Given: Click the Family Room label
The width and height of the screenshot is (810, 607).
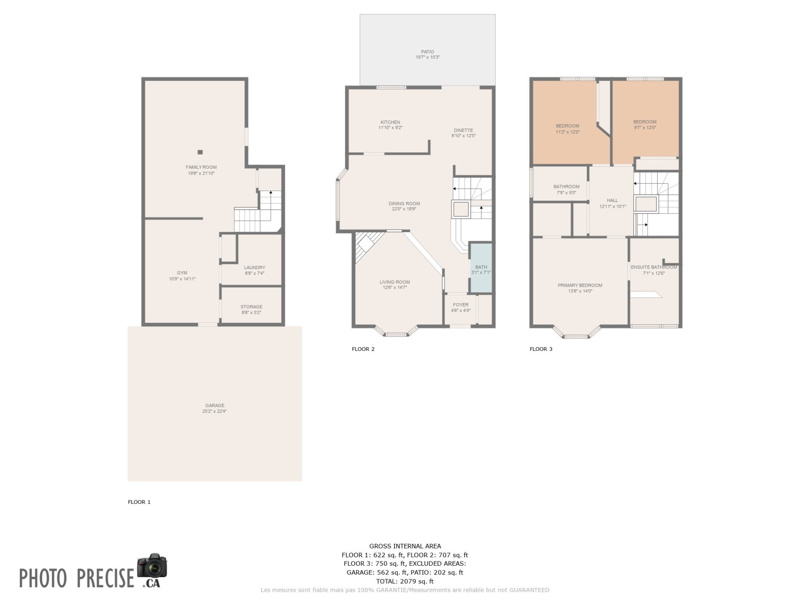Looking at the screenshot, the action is pos(201,167).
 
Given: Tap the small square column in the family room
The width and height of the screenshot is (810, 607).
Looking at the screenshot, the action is pos(200,152).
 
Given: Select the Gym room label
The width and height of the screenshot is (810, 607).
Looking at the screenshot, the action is pos(182,273).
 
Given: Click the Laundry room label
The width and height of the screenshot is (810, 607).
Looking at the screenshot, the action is pos(254,267).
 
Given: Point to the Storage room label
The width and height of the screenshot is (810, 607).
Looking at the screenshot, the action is pos(251,307).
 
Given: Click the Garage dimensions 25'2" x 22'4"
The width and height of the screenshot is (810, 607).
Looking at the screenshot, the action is pos(214,411).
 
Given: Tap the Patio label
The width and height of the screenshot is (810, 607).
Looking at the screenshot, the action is pos(427,52).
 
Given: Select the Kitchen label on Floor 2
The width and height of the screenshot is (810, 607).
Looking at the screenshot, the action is pos(390,122).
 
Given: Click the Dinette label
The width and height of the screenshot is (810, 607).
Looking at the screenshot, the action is pos(464,130).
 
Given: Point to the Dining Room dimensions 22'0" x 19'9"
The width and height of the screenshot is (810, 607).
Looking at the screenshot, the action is pos(404,209).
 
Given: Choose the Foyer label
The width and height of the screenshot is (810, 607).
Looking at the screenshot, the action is pos(461,305).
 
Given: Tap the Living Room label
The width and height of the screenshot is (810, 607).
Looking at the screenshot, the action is pos(395,282).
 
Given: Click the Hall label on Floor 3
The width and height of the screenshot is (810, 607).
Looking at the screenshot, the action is pos(613,201).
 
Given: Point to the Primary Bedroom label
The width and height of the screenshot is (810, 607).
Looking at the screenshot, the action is pos(580,285).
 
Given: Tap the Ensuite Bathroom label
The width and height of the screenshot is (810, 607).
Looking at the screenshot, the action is pos(654,267).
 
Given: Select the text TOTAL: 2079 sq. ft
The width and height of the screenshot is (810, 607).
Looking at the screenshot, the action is pos(405,581).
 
